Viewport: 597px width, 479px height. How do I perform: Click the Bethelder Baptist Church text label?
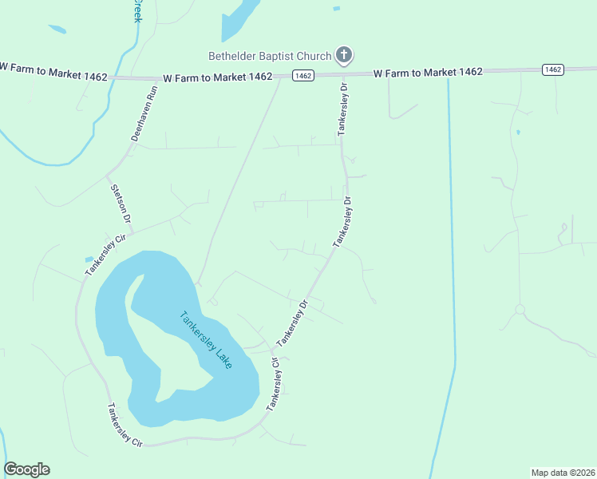[269, 56]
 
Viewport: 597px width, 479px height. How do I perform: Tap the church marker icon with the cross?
[344, 55]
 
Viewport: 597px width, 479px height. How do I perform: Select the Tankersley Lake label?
[205, 339]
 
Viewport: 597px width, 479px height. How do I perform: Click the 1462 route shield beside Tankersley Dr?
[302, 76]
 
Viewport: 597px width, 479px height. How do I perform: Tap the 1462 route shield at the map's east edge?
[552, 70]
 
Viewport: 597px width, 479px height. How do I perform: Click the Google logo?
[26, 469]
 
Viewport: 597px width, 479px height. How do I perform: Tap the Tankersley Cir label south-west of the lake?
[124, 425]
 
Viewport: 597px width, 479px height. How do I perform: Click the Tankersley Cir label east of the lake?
[274, 384]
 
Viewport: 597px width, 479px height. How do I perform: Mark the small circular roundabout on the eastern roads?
[520, 309]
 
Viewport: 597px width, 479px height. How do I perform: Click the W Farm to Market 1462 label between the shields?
[428, 72]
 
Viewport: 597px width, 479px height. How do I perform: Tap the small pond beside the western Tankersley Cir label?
[89, 259]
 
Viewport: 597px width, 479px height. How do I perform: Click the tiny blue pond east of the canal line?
[517, 132]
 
